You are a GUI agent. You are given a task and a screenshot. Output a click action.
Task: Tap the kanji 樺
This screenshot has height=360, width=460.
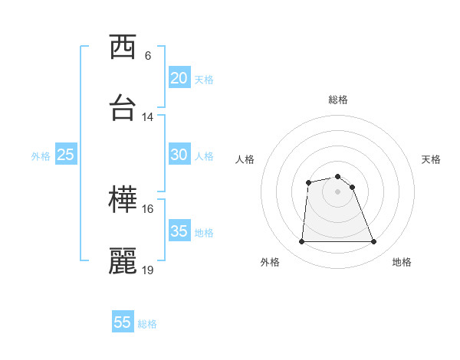123,201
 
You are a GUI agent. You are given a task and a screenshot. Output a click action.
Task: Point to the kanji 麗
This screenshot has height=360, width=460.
123,261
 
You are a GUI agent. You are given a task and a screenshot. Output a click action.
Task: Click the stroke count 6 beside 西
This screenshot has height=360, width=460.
148,56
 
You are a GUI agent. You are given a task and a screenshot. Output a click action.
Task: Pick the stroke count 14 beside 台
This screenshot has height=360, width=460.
148,117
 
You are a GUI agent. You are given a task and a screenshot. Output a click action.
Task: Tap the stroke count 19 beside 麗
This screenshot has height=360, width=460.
148,270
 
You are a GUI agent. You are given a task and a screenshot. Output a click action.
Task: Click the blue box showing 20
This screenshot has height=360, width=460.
179,78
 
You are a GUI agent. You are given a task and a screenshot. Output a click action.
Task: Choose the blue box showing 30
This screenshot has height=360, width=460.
179,155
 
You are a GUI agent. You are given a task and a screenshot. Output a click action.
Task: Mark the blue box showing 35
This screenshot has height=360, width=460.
179,231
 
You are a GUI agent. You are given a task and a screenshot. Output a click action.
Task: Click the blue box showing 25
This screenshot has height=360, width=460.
66,155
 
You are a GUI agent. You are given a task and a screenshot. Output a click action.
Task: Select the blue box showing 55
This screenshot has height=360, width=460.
123,322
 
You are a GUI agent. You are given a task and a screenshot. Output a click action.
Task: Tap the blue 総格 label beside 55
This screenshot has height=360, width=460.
147,324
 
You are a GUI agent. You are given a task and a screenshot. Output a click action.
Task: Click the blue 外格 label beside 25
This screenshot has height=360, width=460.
41,155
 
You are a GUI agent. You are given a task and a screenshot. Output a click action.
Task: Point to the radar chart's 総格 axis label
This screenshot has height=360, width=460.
338,100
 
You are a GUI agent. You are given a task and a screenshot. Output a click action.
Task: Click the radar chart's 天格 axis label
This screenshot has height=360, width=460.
432,159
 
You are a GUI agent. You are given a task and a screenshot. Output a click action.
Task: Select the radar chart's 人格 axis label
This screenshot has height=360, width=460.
245,159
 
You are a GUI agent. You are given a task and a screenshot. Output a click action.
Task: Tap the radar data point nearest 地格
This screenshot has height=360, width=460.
373,242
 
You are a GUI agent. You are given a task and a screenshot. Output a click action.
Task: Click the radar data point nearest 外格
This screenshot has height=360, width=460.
301,242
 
